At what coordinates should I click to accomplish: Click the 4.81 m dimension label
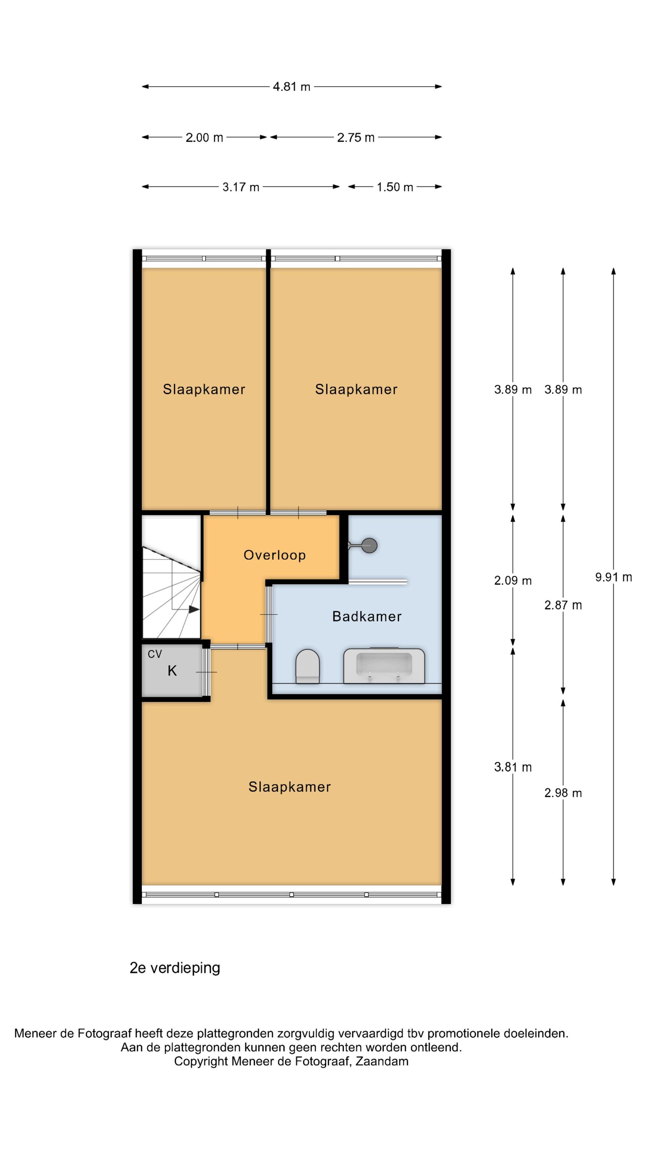coord(292,87)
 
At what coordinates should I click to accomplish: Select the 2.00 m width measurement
coord(204,138)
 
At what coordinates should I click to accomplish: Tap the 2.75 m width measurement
coord(355,138)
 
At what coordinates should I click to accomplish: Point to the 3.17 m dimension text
coord(241,187)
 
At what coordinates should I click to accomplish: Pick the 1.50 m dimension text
coord(395,187)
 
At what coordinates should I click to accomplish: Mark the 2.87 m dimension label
coord(563,605)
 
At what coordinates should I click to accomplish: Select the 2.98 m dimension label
coord(563,793)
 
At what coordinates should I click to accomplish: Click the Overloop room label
coord(274,555)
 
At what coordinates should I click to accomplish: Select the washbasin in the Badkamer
coord(384,665)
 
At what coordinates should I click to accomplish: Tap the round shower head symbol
coord(369,545)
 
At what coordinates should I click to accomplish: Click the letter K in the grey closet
coord(172,670)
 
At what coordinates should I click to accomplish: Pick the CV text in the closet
coord(154,654)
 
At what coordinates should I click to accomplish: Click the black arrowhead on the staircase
coord(194,609)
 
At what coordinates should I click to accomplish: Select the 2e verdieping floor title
coord(174,968)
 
